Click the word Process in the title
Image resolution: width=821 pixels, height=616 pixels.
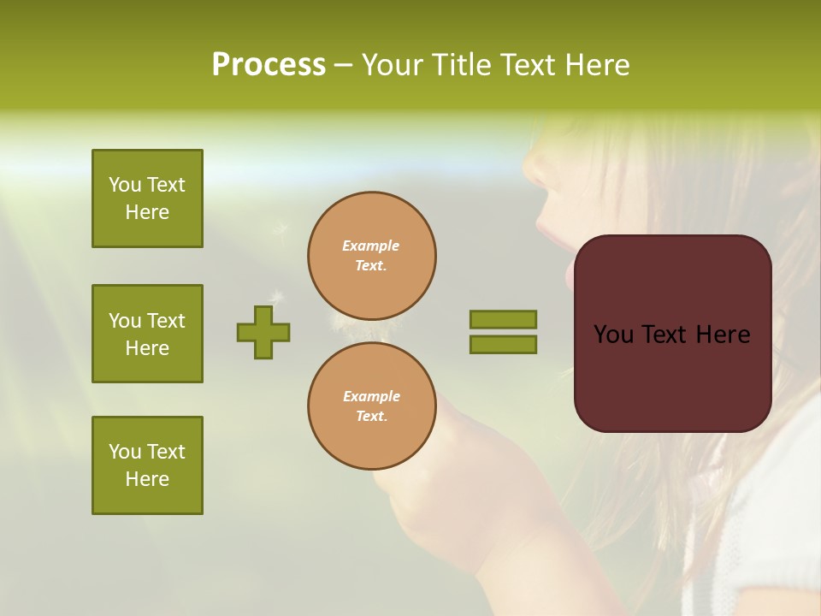[269, 65]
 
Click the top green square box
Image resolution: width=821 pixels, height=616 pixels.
[147, 198]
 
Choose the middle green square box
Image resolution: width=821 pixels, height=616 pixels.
[147, 334]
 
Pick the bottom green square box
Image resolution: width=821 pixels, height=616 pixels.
[147, 465]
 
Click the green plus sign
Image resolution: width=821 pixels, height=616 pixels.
[263, 332]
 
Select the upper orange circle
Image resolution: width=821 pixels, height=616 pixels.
[372, 255]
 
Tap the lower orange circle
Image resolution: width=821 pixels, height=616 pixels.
[372, 406]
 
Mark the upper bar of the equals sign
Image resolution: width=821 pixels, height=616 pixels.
[503, 319]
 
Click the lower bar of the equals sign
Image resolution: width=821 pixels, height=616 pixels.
[503, 345]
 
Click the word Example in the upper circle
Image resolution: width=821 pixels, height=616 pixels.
[371, 246]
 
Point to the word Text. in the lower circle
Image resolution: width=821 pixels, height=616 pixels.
[371, 416]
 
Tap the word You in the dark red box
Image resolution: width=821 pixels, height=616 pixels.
[613, 335]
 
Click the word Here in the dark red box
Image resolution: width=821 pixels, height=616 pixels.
[722, 335]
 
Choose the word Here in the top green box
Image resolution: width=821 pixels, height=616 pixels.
[147, 212]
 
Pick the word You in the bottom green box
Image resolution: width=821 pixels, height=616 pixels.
[125, 451]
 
